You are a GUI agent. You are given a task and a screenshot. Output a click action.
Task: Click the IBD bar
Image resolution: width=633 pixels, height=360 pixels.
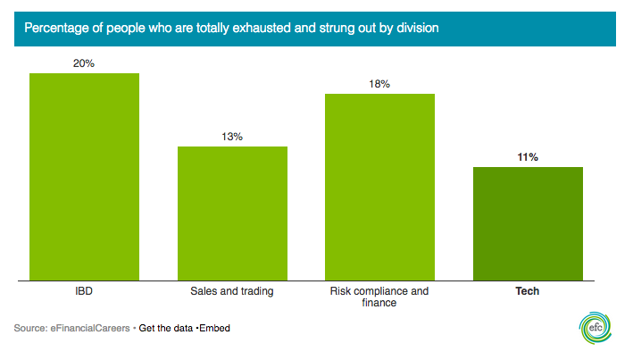tap(84, 177)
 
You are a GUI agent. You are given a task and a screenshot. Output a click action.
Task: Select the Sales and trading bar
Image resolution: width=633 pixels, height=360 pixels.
tap(232, 213)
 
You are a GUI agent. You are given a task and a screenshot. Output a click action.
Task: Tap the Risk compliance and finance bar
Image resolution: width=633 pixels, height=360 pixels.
tap(379, 188)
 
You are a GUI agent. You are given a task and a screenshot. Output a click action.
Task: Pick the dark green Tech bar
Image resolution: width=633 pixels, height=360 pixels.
tap(528, 223)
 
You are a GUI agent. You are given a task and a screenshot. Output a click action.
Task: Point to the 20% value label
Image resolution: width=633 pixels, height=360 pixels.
tap(84, 63)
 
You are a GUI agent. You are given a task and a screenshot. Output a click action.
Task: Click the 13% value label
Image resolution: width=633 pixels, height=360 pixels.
tap(232, 137)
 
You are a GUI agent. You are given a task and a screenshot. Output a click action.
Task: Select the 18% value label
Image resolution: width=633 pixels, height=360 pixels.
tap(379, 84)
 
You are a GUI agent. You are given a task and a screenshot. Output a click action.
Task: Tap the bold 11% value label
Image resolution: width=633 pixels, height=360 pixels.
tap(528, 157)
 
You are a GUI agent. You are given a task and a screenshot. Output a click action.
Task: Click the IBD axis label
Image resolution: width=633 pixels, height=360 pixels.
tap(84, 291)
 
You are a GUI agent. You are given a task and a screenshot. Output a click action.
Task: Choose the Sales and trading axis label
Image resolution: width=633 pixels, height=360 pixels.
tap(232, 291)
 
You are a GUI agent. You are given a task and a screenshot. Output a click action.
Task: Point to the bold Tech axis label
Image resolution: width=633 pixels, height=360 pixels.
tap(528, 291)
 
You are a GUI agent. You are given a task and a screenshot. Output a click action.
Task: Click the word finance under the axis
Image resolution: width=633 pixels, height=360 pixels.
tap(379, 304)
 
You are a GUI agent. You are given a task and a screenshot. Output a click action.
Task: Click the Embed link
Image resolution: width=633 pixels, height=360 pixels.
tap(214, 328)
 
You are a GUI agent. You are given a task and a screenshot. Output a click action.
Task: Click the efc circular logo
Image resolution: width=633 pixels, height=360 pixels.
tap(593, 328)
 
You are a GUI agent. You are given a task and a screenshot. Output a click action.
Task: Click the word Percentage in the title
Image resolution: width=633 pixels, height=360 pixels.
tap(54, 29)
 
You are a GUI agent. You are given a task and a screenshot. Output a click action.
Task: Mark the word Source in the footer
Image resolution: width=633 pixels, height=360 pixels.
tap(29, 328)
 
